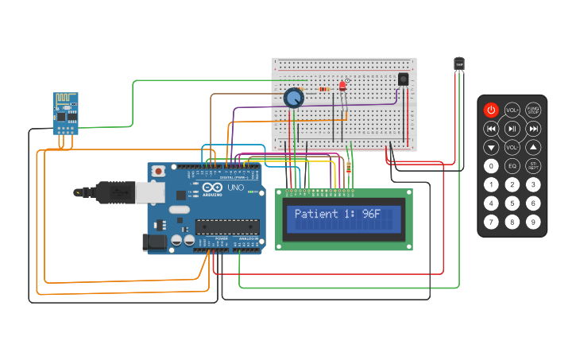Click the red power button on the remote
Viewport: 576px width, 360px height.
[491, 110]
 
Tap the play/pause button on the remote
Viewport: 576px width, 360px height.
[512, 128]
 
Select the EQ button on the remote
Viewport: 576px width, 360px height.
[512, 166]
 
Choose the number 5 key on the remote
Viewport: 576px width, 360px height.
[512, 203]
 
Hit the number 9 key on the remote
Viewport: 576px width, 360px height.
[534, 222]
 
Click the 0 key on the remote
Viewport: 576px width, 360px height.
[491, 166]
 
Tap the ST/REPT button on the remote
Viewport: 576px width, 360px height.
[534, 166]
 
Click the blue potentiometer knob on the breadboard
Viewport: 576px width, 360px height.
[294, 98]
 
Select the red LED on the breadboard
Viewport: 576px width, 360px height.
[343, 85]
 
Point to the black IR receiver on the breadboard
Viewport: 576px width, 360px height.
[403, 79]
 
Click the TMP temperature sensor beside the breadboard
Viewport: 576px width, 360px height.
[459, 64]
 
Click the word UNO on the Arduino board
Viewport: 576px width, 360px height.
[236, 188]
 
